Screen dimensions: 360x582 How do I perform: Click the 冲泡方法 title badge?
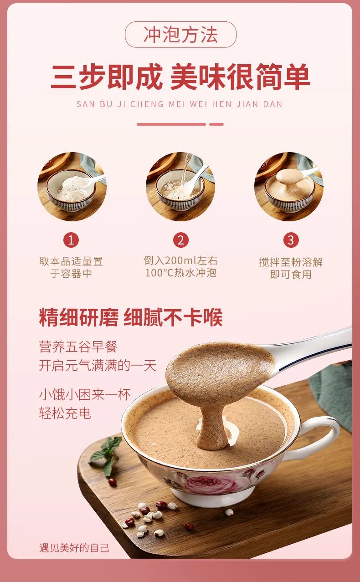(180, 35)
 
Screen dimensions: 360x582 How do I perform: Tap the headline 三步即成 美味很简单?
(180, 77)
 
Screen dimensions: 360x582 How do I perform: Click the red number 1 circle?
(71, 240)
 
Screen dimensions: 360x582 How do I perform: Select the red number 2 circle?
(181, 240)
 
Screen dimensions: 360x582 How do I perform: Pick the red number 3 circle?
(291, 240)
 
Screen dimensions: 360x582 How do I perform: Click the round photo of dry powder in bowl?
(72, 187)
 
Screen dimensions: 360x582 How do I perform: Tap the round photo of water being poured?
(180, 187)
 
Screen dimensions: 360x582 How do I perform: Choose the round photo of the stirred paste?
(289, 187)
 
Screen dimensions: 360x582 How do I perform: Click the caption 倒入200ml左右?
(180, 260)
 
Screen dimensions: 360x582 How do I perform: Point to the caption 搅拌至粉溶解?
(291, 262)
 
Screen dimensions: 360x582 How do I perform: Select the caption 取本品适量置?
(71, 261)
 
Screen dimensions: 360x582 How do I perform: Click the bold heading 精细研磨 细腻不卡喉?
(131, 317)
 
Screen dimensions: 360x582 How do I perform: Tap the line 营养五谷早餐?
(78, 347)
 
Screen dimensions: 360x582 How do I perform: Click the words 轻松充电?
(65, 413)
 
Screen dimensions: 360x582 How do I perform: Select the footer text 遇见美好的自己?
(74, 548)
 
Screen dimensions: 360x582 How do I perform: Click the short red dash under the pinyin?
(216, 124)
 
